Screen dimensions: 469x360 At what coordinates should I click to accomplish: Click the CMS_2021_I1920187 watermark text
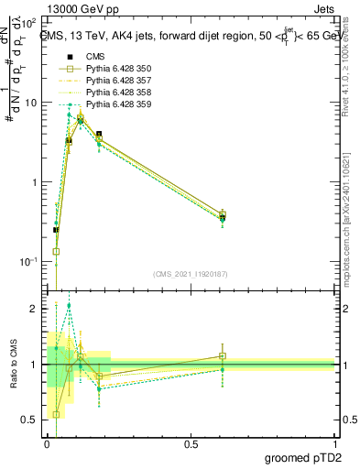point(190,273)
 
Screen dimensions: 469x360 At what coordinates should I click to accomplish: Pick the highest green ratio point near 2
point(70,306)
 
